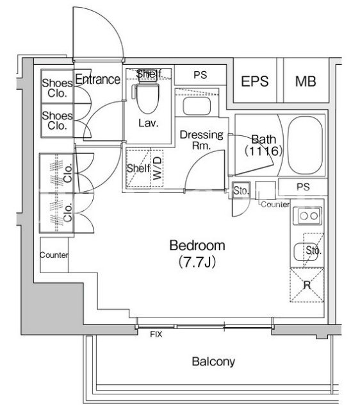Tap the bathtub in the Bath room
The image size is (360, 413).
(x=306, y=146)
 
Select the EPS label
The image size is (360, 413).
(x=255, y=81)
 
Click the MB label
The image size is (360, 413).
(x=306, y=81)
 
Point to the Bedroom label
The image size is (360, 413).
(x=197, y=246)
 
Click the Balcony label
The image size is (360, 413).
(x=213, y=362)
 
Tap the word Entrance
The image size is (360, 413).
(x=97, y=80)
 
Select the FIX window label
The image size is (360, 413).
(x=156, y=334)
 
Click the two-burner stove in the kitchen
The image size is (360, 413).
(x=307, y=216)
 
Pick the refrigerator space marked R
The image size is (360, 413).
(x=307, y=285)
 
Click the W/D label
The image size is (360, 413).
(x=157, y=168)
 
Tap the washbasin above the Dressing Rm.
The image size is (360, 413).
(x=197, y=106)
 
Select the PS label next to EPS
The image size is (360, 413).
(x=200, y=75)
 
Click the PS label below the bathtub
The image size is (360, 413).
(x=303, y=187)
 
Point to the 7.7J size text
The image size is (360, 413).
(x=197, y=262)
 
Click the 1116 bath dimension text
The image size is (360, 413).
(x=264, y=151)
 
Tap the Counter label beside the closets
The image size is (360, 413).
(x=54, y=255)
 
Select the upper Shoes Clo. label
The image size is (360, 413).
(x=57, y=88)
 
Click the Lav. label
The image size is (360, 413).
(x=149, y=123)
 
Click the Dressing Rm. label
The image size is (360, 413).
(x=202, y=140)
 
